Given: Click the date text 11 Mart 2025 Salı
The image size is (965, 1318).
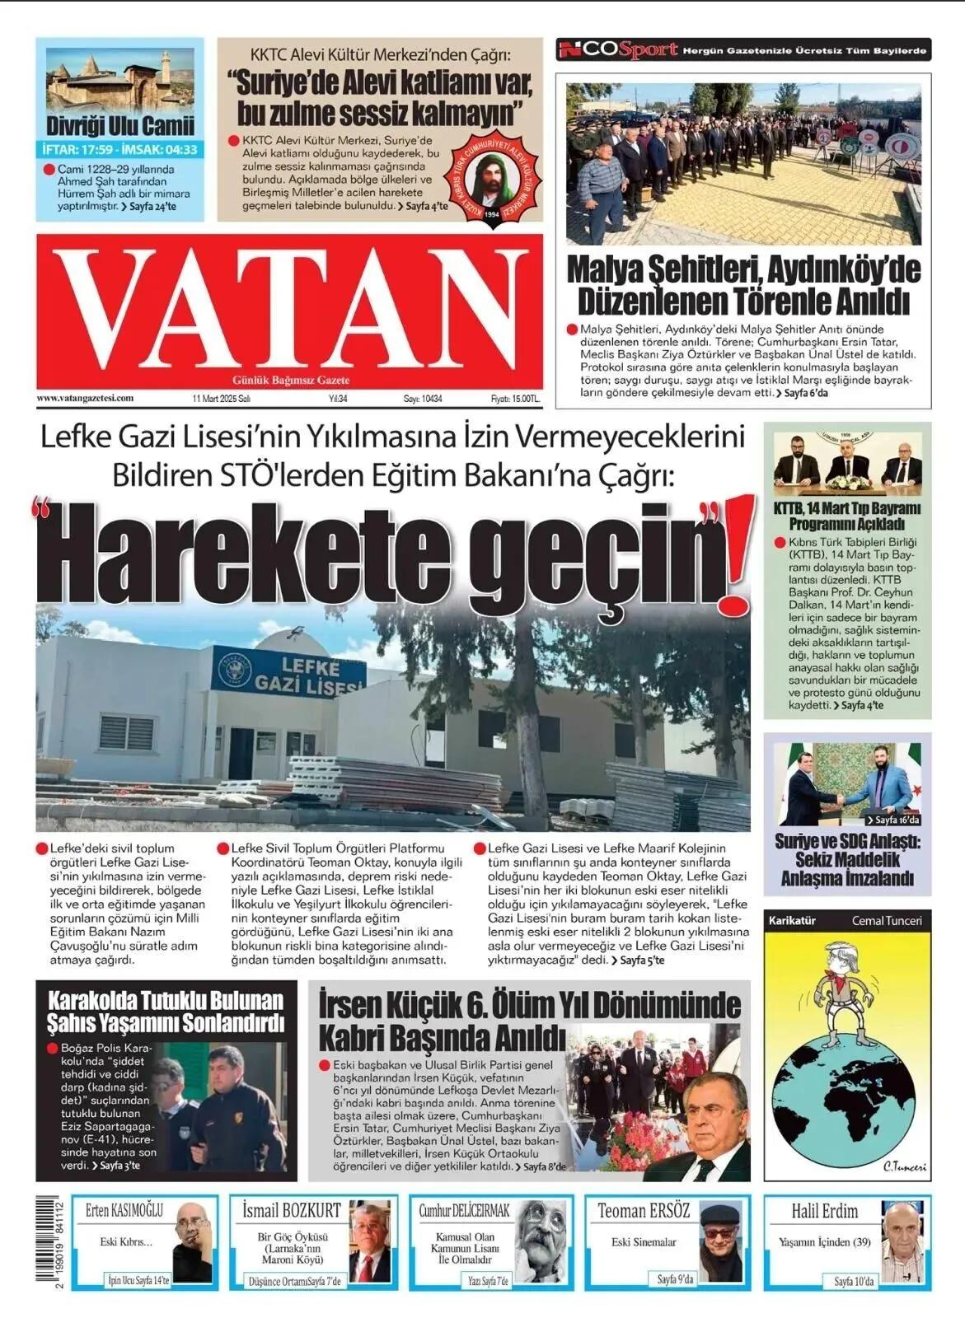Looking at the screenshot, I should click(x=221, y=399).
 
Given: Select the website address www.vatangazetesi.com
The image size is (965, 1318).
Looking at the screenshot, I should click(x=85, y=398).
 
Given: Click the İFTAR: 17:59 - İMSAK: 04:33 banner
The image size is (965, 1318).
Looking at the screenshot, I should click(x=120, y=150).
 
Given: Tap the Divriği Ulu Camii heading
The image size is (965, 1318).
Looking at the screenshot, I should click(x=120, y=126).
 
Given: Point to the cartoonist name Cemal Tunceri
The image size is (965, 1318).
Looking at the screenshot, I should click(x=886, y=920).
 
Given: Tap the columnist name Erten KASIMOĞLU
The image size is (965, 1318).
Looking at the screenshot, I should click(x=124, y=1211).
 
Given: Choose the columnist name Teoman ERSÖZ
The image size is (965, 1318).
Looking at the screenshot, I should click(x=643, y=1211).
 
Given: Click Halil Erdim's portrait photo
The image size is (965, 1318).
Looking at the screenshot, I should click(x=902, y=1242).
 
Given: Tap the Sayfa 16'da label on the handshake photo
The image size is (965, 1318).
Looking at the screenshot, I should click(x=892, y=820).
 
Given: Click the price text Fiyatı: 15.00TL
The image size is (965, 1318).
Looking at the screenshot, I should click(x=516, y=399).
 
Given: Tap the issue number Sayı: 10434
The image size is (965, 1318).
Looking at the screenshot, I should click(x=422, y=399).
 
